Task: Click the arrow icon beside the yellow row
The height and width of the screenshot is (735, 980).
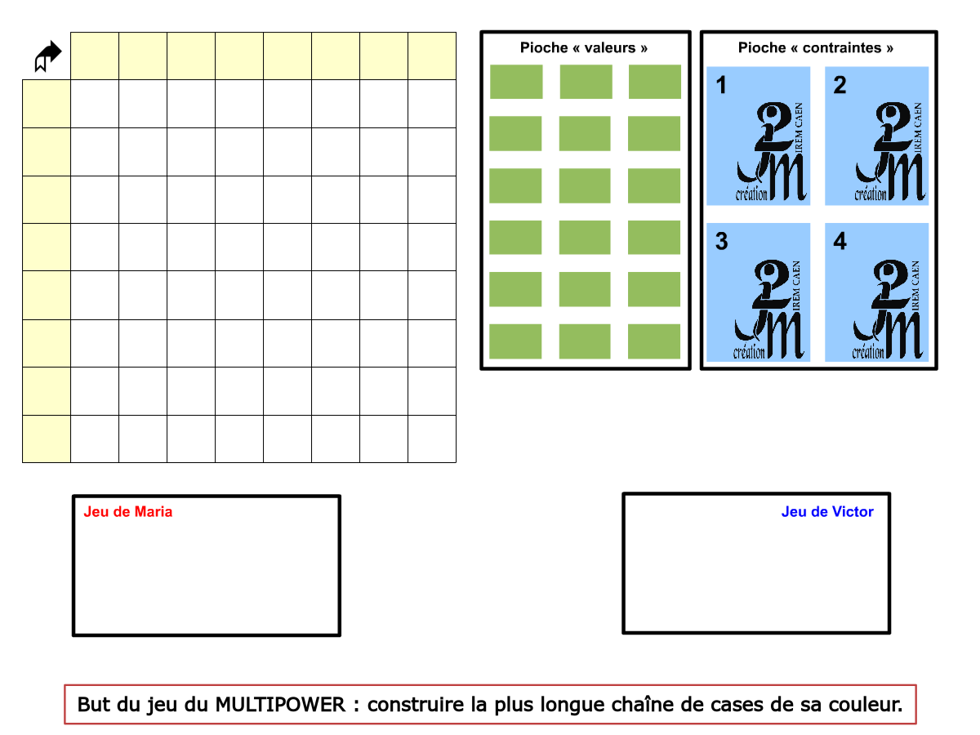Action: coord(48,56)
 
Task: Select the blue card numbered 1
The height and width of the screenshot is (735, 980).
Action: coord(759,136)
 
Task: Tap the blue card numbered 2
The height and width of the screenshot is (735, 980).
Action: coord(877,136)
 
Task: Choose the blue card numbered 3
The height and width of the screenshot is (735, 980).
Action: coord(759,292)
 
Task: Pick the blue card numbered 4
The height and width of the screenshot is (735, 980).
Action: coord(877,292)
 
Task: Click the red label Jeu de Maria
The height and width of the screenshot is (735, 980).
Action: coord(128,512)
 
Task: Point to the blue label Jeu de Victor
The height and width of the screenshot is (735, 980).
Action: coord(827,512)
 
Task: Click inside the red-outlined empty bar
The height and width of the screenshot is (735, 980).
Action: coord(490,704)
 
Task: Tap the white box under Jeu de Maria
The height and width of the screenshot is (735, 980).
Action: coord(147,574)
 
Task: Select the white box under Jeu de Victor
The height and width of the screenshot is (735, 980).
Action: coord(812,574)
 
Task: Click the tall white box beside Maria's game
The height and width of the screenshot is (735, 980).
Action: coord(278,563)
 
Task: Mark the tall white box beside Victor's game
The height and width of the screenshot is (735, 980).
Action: coord(684,563)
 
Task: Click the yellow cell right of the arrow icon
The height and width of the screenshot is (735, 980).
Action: coord(95,56)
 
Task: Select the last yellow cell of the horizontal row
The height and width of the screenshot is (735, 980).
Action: coord(432,56)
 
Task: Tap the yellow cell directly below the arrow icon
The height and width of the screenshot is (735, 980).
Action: coord(47,104)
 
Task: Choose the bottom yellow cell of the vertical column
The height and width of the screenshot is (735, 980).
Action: coord(47,439)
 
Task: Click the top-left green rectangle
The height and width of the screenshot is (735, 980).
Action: coord(516,82)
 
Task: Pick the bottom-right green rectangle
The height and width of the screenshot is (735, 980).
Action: coord(654,341)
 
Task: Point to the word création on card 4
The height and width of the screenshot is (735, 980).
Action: coord(868,353)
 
